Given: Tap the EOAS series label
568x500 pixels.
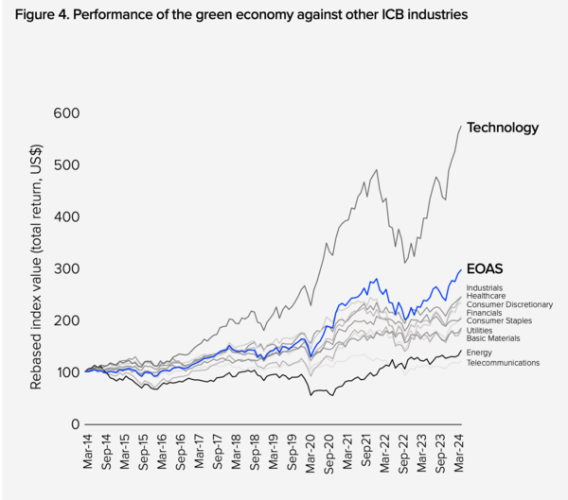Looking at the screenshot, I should pos(483,269).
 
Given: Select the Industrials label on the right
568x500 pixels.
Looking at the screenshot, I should pos(485,287).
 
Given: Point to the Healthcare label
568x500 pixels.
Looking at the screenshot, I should pos(486,296).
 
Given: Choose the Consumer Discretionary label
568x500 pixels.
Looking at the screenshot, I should pos(509,304).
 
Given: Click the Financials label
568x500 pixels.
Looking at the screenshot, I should pos(485,313).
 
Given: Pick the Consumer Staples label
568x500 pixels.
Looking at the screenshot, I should pos(497,322).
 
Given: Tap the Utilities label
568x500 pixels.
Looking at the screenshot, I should pos(479,331).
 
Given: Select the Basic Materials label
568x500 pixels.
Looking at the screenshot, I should pos(492,338).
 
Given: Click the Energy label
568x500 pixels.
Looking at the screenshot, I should pos(479,353).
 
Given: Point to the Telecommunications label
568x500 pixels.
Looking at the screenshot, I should pos(503,362).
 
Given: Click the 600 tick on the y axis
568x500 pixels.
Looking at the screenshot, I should pos(66,113).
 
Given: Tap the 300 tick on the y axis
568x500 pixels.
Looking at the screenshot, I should pos(66,269).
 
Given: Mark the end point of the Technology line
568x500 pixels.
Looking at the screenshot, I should pos(461,126).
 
